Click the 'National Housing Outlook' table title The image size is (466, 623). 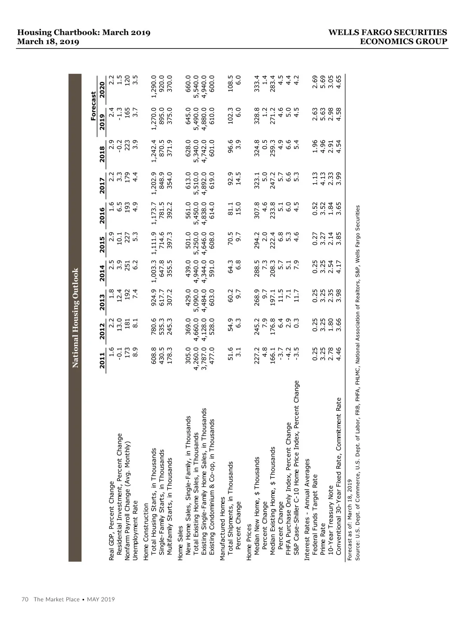[75, 318]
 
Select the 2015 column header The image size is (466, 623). [102, 244]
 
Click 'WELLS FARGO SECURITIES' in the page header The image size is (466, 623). [388, 33]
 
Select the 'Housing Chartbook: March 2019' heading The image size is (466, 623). [84, 33]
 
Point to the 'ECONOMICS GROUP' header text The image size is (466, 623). [404, 42]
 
